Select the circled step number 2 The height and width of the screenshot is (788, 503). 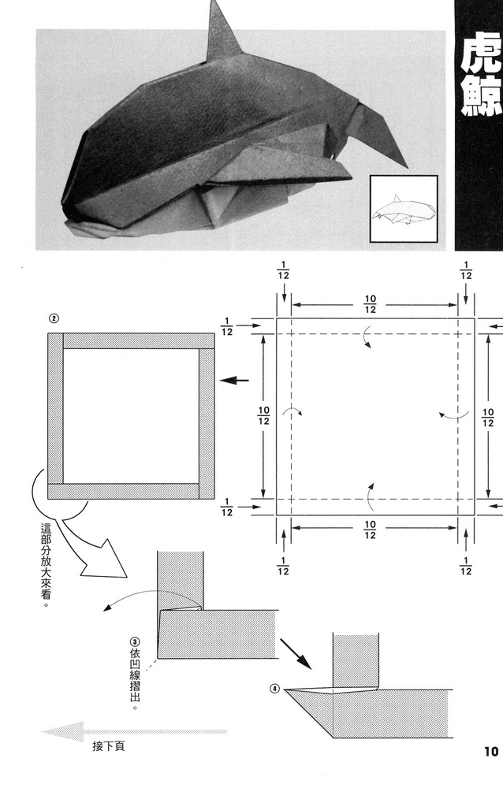(x=53, y=319)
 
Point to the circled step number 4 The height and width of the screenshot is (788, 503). (x=274, y=688)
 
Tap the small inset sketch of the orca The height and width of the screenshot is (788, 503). (x=403, y=209)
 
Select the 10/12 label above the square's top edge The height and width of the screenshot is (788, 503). (x=369, y=305)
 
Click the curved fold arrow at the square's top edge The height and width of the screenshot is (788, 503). (x=365, y=340)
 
